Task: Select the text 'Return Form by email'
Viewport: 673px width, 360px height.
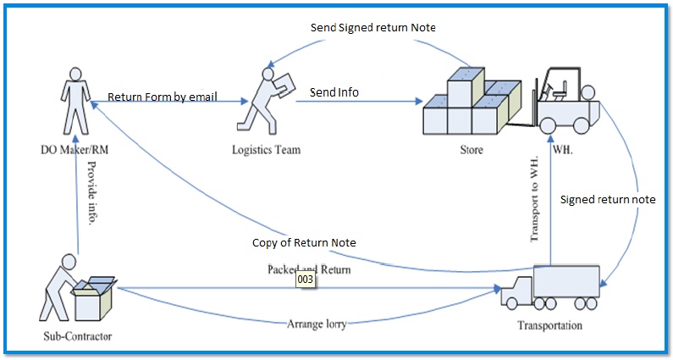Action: tap(163, 97)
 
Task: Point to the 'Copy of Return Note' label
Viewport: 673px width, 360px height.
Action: tap(304, 243)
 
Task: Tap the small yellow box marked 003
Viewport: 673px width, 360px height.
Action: tap(306, 279)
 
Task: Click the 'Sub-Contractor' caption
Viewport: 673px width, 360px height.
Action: tap(77, 336)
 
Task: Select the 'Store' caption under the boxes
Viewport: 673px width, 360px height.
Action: tap(472, 151)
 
